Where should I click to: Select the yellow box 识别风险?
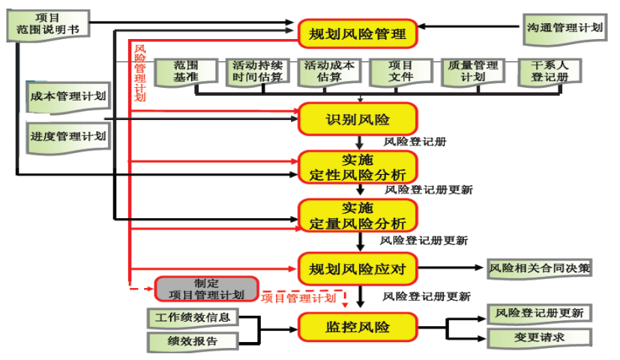point(358,119)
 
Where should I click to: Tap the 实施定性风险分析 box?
point(358,167)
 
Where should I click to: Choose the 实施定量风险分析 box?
point(358,216)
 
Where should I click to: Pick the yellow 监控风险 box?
point(358,327)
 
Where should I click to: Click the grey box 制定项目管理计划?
point(206,289)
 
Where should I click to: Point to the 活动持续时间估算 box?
point(257,72)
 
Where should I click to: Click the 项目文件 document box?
point(401,72)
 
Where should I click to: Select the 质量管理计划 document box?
point(472,72)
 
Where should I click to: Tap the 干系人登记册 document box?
point(544,72)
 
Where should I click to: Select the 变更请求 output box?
point(539,338)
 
